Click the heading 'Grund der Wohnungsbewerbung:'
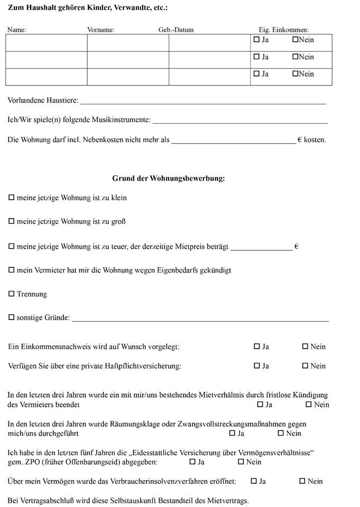pos(169,179)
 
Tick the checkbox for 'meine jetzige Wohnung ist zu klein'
pos(12,198)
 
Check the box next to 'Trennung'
pos(12,294)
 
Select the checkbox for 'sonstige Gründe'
pos(12,318)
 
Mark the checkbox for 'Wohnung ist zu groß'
pos(12,222)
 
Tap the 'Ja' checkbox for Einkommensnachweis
pos(257,347)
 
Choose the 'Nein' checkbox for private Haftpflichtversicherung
pos(305,366)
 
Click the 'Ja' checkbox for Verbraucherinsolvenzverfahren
pos(254,481)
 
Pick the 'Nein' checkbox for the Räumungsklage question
pos(281,434)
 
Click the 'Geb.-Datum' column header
pos(176,30)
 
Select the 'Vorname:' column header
pos(100,30)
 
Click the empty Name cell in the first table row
pos(47,43)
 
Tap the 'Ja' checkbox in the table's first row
pos(257,40)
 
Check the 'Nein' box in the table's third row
pos(296,74)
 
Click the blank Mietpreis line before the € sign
pos(261,248)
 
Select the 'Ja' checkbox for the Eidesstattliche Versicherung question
pos(192,462)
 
